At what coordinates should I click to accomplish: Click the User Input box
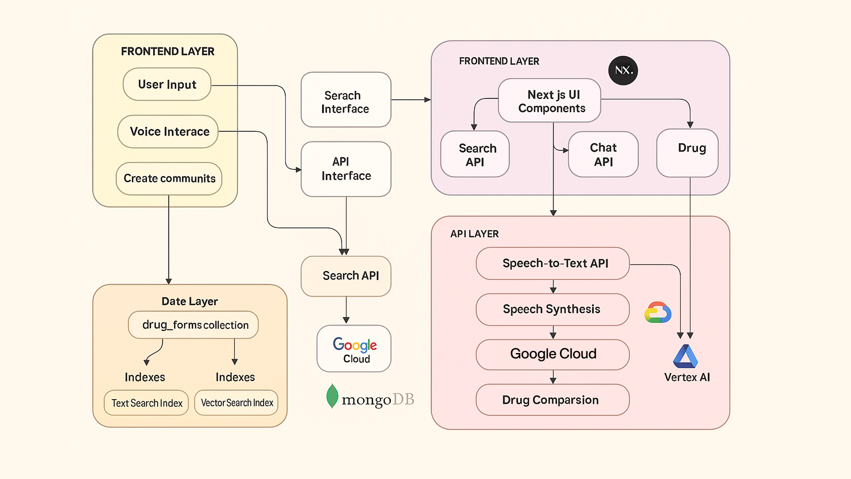167,84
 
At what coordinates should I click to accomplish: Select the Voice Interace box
168,132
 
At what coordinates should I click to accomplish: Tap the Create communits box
169,178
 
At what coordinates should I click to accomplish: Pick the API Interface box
346,169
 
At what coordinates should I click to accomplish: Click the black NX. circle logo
623,71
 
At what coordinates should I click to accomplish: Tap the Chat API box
603,154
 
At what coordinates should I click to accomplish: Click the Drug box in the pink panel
687,153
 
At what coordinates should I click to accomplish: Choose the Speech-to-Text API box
553,263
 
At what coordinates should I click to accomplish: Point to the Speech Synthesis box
553,310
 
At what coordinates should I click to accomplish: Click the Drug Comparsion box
553,400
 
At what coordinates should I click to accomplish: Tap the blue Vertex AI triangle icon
685,357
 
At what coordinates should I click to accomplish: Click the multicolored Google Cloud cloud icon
658,312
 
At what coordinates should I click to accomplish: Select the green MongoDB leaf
332,396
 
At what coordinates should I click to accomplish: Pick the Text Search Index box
146,403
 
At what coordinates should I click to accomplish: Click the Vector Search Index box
236,403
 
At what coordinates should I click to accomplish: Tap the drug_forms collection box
193,325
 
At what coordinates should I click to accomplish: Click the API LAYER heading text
474,234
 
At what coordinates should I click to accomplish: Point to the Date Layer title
190,302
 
